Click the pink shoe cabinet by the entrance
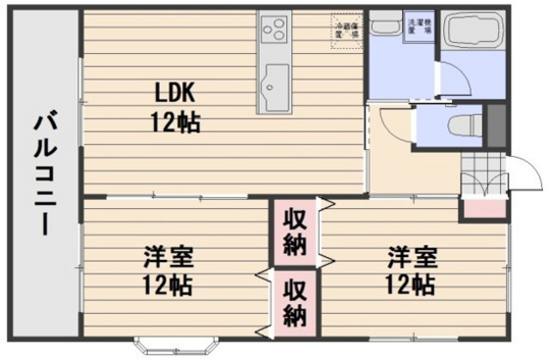point(481,207)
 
